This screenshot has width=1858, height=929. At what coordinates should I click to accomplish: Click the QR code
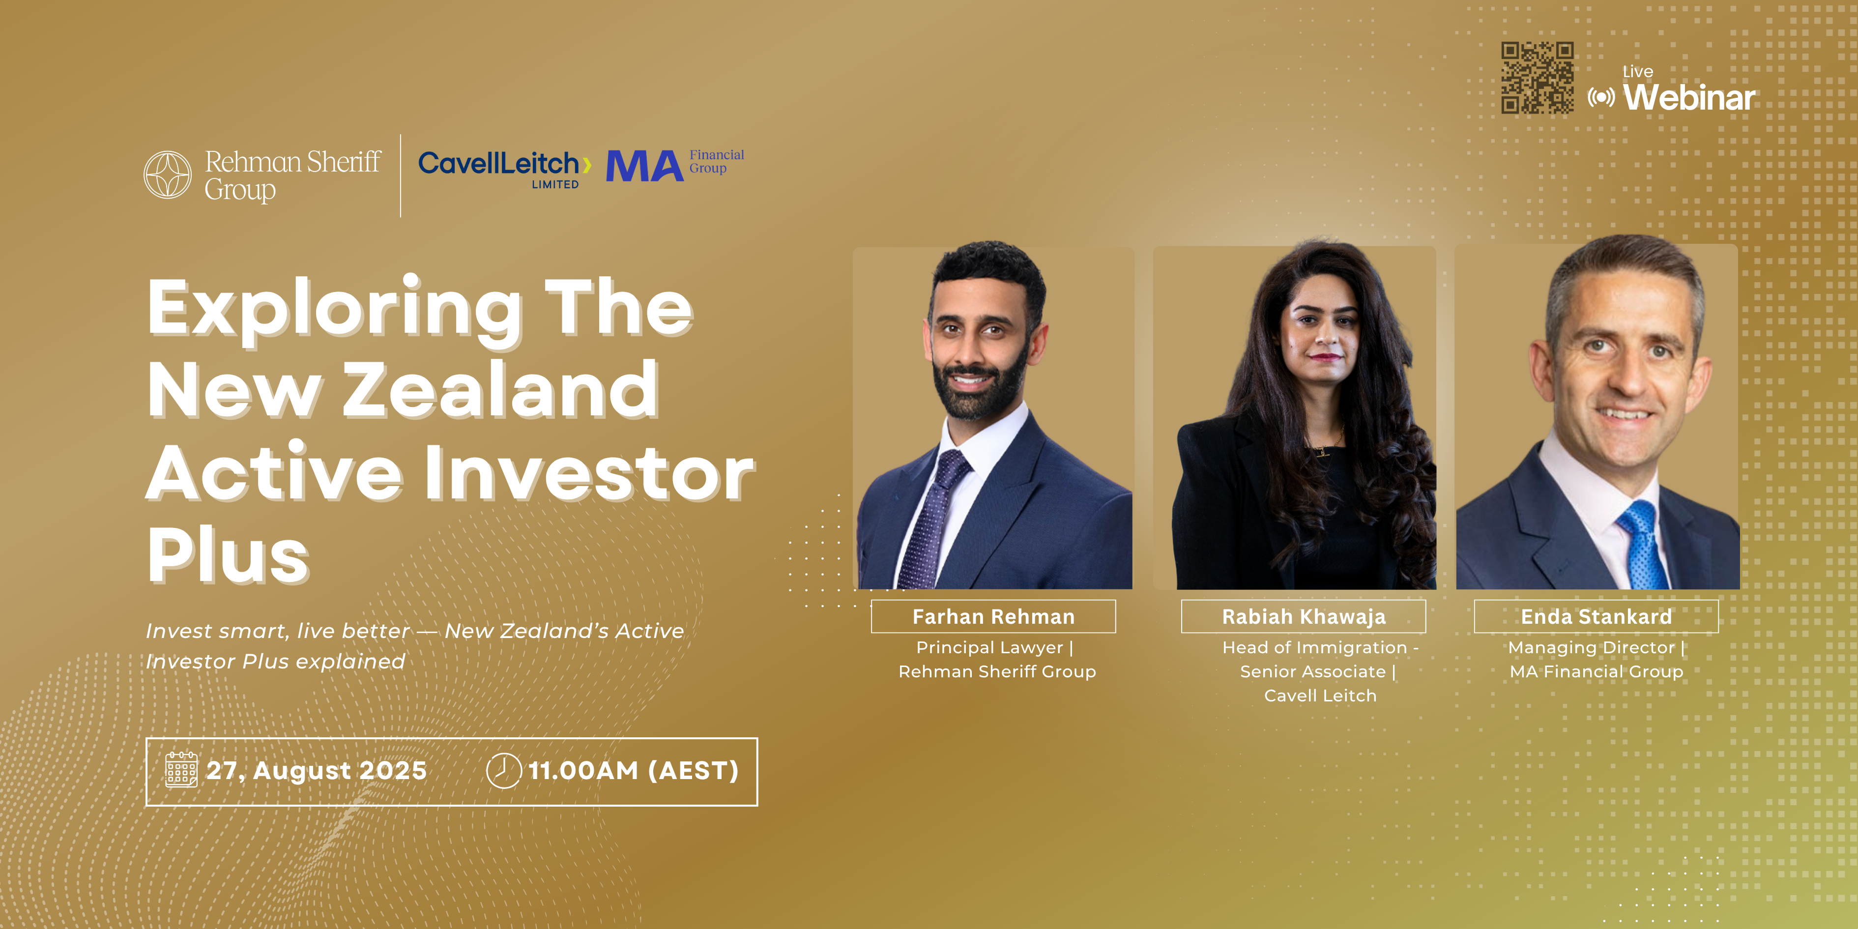pos(1537,78)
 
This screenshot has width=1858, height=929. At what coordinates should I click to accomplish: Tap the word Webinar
pos(1689,97)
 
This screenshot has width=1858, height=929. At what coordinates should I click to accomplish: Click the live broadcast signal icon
pos(1601,97)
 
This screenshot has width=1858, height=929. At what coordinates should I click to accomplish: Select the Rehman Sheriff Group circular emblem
pos(167,174)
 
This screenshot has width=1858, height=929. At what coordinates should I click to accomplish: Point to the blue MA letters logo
pos(644,166)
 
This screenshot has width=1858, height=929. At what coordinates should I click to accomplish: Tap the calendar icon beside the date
pos(181,770)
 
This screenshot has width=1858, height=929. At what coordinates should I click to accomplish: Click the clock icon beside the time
pos(503,770)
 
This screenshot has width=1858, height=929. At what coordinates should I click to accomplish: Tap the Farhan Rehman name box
pos(993,617)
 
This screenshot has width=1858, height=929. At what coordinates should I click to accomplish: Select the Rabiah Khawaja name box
pos(1304,617)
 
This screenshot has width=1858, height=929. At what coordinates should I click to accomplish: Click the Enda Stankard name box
pos(1596,617)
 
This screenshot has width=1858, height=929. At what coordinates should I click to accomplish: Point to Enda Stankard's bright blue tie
pos(1642,545)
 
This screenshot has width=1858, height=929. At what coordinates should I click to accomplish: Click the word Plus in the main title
pos(229,555)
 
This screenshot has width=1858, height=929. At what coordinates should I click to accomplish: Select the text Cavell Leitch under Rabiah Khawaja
pos(1320,696)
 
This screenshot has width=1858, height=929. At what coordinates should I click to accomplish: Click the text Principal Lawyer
pos(989,648)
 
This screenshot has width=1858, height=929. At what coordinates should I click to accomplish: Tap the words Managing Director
pos(1591,648)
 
